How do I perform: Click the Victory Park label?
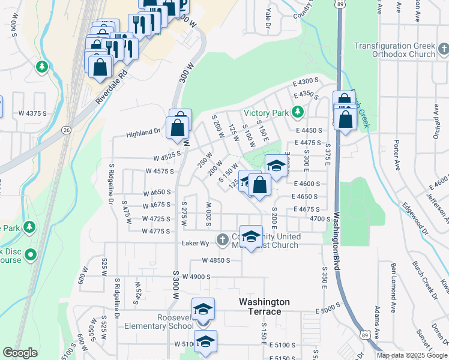(x=267, y=113)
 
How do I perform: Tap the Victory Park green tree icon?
(x=297, y=112)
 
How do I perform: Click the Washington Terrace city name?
(x=264, y=307)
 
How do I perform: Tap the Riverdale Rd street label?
(x=112, y=87)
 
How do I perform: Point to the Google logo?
(x=20, y=353)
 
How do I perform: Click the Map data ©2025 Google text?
(x=411, y=355)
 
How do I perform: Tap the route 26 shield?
(x=65, y=130)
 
